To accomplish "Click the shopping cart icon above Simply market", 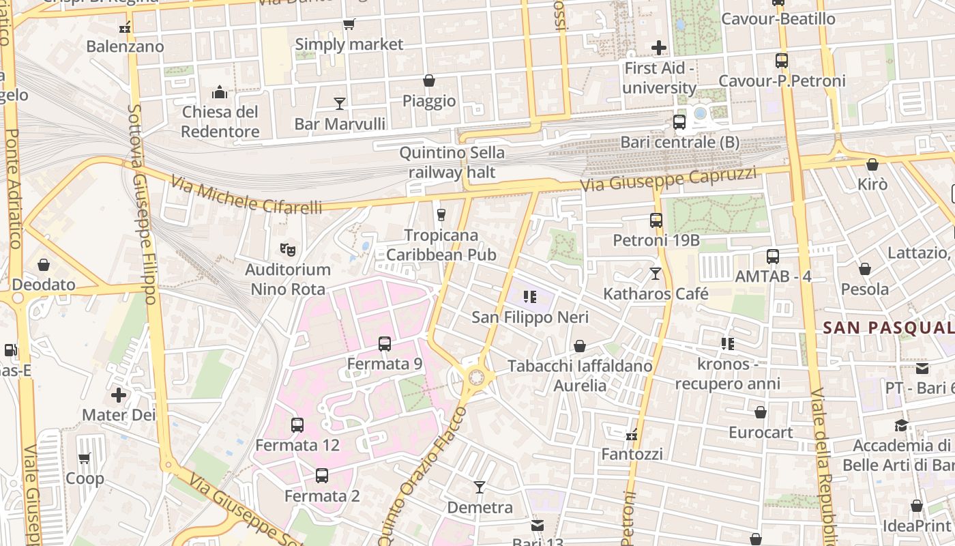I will [x=349, y=25].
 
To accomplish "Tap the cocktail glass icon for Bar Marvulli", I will [x=340, y=104].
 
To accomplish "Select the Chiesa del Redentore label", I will [x=220, y=121].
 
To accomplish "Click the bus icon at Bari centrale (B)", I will [x=679, y=122].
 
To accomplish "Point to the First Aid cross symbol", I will [x=659, y=48].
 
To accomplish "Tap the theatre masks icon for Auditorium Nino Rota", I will [x=288, y=250].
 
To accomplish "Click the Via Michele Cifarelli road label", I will [x=246, y=195].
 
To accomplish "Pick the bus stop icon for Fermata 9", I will [x=385, y=343].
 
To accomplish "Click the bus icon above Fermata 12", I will [x=297, y=425].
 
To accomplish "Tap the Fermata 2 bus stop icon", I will [x=322, y=475].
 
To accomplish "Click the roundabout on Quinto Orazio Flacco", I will [x=476, y=377].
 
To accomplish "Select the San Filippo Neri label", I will [x=530, y=317].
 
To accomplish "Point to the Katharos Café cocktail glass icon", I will [x=656, y=274].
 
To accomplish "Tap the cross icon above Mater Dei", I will [x=119, y=395].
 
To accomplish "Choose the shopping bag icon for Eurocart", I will [x=761, y=412].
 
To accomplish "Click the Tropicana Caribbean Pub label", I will [x=441, y=245].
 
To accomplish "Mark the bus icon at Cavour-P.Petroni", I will [x=782, y=61].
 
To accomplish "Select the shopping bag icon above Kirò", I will [x=872, y=164].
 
